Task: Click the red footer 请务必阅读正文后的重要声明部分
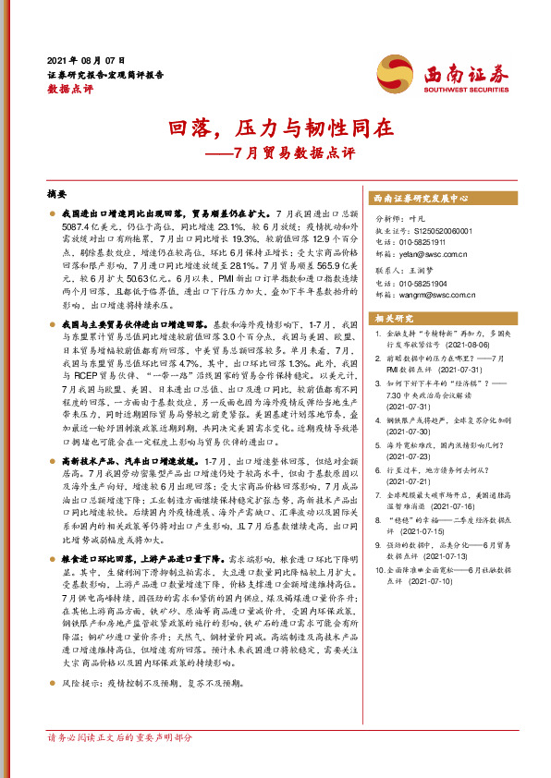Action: (120, 739)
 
